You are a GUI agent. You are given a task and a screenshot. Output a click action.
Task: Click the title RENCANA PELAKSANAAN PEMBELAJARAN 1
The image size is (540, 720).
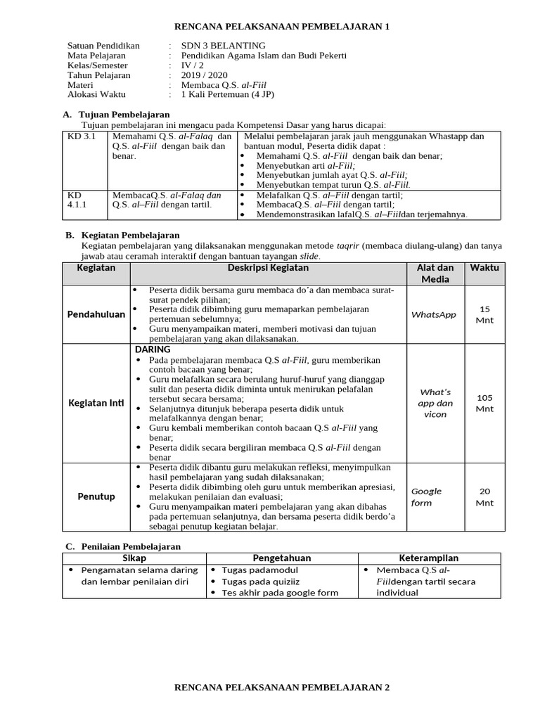281,27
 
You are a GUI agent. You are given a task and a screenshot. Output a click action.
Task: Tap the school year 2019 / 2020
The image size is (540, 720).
205,75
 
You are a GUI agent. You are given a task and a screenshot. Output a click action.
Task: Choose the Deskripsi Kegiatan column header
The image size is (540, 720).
268,268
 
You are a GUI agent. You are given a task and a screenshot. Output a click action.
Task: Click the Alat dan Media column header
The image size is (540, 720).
435,274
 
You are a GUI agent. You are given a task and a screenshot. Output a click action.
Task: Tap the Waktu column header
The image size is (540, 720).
484,268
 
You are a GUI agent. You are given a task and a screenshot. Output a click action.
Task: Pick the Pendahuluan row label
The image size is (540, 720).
96,314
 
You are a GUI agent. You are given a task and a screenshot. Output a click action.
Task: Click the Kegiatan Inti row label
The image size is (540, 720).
96,403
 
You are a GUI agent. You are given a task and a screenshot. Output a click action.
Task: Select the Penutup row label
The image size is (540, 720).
96,497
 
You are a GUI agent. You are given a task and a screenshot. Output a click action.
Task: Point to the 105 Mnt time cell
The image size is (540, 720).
484,403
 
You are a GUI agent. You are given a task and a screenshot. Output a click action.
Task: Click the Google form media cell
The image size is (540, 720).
427,497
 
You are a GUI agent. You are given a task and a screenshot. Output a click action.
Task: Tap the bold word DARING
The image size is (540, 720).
153,349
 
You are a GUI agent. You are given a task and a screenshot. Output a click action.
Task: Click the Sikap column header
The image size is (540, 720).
134,558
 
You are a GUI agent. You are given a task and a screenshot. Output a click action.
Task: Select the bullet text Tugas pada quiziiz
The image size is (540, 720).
260,581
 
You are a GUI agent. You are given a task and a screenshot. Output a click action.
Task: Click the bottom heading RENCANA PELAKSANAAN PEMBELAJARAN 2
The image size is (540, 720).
281,688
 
